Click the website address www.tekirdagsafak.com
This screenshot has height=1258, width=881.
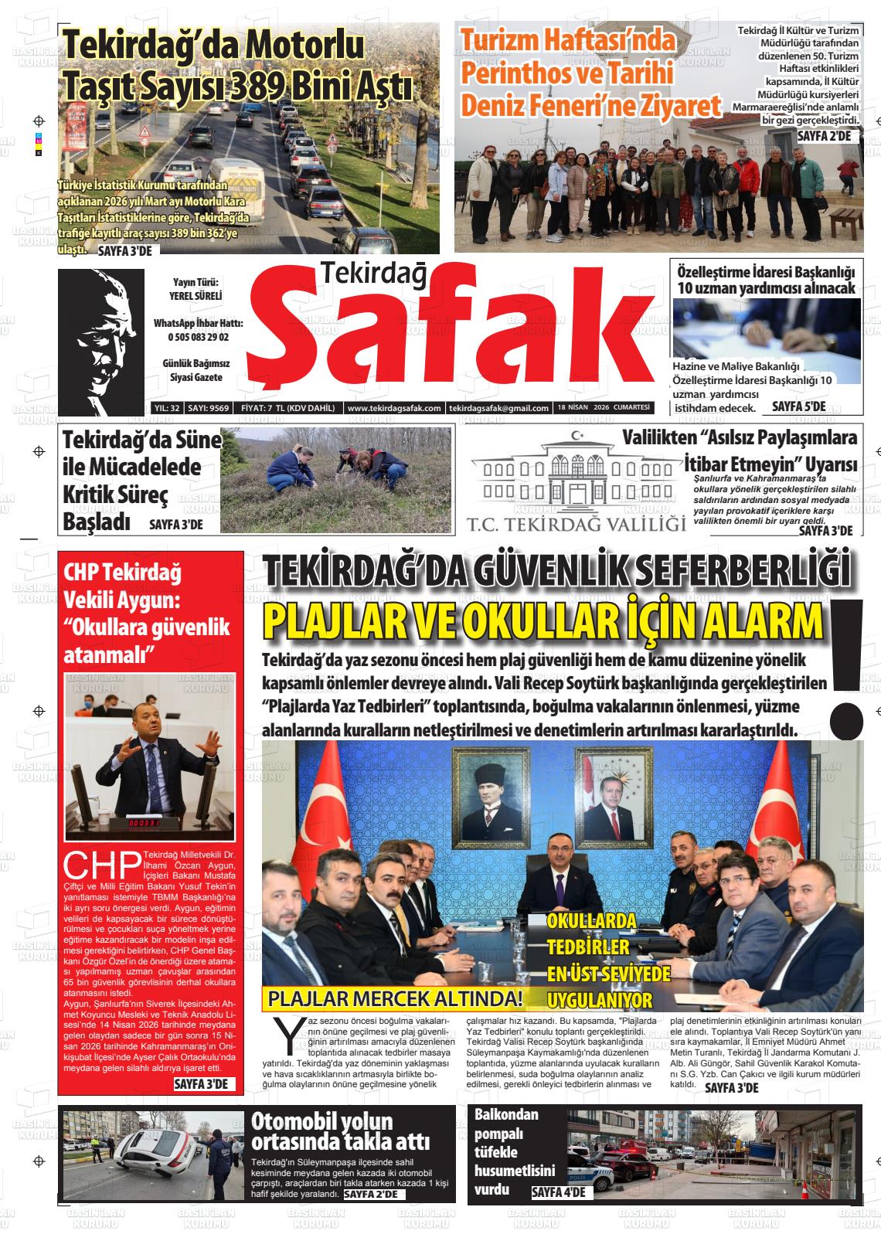point(394,408)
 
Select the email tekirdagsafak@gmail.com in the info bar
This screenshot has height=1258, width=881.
point(498,408)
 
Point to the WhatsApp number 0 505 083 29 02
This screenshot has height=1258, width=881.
point(198,337)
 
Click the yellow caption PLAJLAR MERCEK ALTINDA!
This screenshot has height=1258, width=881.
point(395,998)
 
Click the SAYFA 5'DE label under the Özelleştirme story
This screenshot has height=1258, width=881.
point(798,406)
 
